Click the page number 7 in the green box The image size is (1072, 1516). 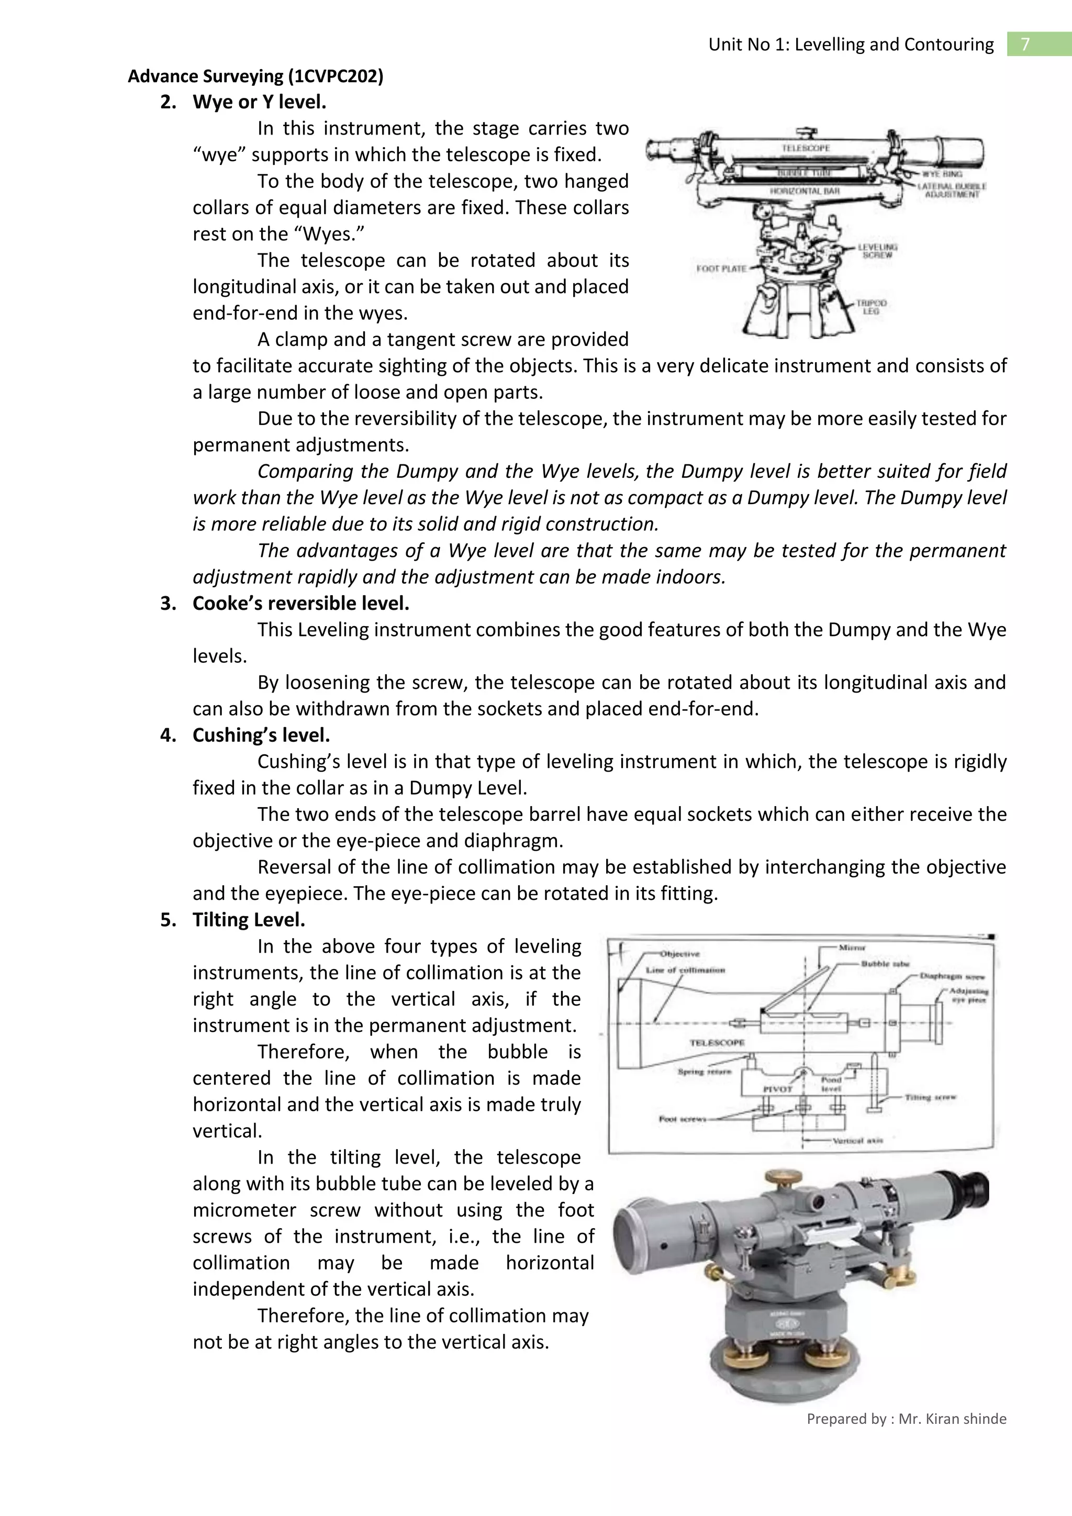coord(1025,44)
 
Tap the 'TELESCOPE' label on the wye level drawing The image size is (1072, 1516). coord(806,148)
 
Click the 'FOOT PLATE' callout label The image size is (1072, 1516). coord(721,269)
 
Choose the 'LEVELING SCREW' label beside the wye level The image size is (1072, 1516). coord(877,251)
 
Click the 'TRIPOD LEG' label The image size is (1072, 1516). coord(872,307)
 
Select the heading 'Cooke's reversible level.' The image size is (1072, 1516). coord(300,603)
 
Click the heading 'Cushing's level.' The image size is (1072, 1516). coord(261,735)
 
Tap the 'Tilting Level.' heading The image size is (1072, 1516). coord(248,919)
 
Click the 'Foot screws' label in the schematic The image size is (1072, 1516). coord(682,1119)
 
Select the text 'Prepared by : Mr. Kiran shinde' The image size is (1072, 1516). coord(906,1418)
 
